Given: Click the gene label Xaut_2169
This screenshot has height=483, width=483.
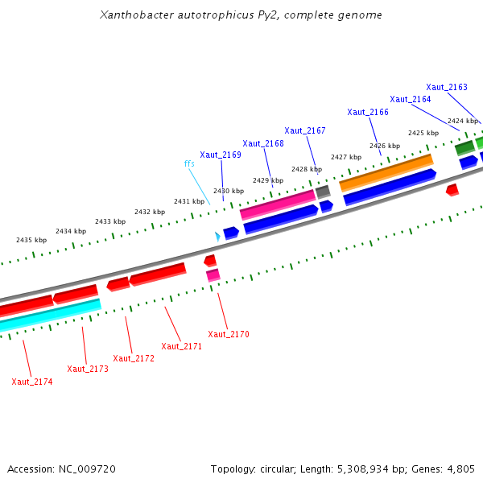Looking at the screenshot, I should click(x=221, y=155).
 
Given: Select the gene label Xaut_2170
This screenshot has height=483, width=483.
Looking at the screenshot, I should click(x=229, y=334).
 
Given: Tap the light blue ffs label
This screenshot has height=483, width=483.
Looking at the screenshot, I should click(x=189, y=164).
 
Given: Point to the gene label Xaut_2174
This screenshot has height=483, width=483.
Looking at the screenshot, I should click(x=32, y=382).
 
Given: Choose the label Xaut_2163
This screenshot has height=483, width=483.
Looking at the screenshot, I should click(x=447, y=87).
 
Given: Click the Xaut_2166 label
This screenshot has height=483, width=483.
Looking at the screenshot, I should click(x=368, y=112).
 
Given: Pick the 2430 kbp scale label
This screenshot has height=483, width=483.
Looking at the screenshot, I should click(x=228, y=191).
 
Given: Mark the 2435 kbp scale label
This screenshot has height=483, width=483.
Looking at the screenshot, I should click(x=31, y=240).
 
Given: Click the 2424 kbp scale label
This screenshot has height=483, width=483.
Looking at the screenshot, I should click(x=463, y=121).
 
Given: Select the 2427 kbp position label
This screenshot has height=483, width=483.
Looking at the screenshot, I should click(x=345, y=157).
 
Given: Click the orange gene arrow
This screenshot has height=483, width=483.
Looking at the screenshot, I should click(x=386, y=172).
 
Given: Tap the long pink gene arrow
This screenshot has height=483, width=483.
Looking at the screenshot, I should click(x=278, y=204).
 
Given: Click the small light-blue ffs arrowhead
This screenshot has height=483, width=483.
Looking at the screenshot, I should click(x=217, y=236).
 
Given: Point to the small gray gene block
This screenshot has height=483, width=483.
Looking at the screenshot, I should click(x=323, y=192).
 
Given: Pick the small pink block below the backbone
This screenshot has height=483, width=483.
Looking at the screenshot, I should click(x=213, y=275).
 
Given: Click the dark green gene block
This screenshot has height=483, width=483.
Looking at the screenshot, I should click(x=464, y=148).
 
